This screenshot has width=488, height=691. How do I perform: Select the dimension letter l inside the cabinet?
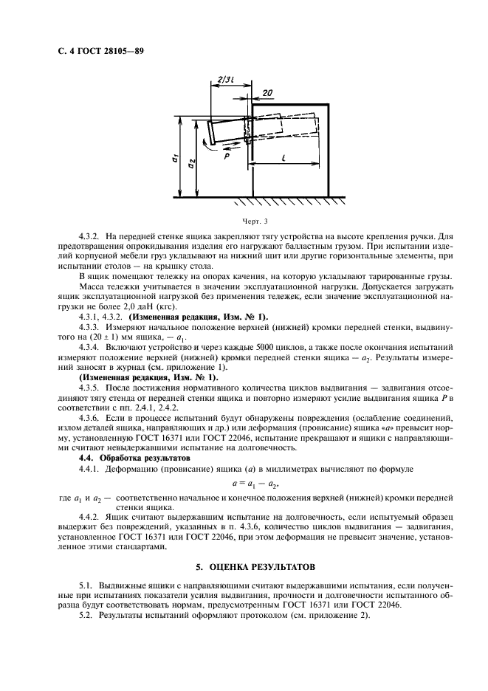pos(285,158)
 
